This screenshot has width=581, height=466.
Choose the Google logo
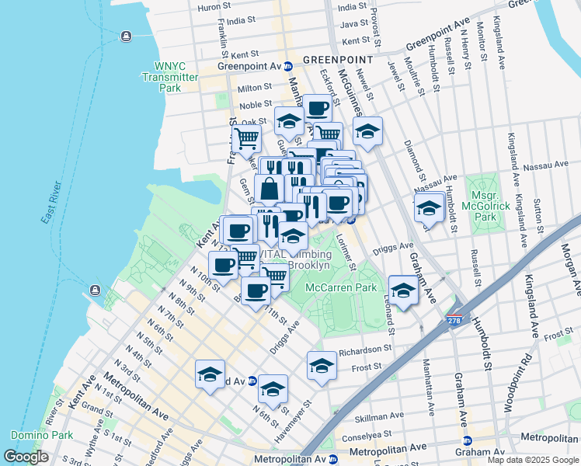26,457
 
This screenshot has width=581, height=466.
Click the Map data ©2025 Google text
532,460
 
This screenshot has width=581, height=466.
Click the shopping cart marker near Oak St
247,140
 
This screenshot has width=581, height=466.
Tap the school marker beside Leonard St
403,290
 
